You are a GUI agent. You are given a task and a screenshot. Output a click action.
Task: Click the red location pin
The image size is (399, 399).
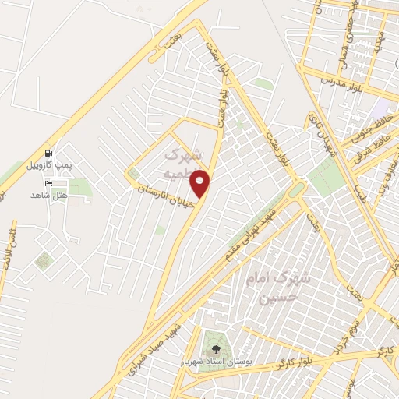tap(200, 183)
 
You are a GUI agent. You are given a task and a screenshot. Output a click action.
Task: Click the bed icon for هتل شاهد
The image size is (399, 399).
tap(51, 183)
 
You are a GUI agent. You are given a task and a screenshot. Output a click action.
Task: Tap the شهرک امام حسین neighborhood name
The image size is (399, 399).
tap(281, 288)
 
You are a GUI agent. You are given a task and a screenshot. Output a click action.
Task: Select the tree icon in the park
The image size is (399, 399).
tap(216, 348)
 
